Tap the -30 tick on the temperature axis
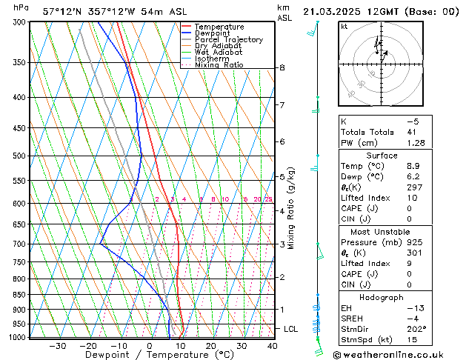point(57,345)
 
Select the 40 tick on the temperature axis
point(272,345)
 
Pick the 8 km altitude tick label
point(282,67)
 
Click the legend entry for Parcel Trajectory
point(228,40)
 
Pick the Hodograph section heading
point(382,297)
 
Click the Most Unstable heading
point(382,231)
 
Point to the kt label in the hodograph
point(344,26)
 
